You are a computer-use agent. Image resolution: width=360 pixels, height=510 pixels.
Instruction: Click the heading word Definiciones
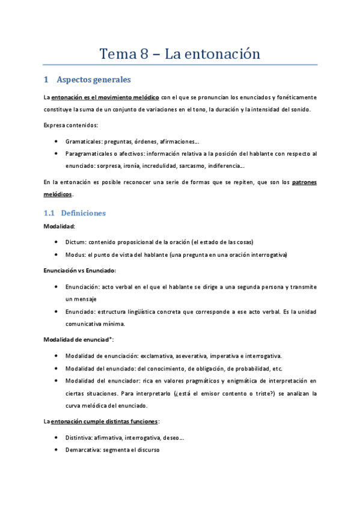[x=84, y=213]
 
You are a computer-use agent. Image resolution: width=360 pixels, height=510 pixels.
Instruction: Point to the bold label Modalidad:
[x=59, y=226]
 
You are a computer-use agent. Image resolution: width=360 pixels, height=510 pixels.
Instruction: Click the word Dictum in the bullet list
[x=76, y=242]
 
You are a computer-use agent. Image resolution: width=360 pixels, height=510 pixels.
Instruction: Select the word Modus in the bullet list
[x=76, y=255]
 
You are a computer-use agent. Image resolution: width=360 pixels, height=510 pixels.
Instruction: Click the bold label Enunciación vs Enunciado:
[x=80, y=271]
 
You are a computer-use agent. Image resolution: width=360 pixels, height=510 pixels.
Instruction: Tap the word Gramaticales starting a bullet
[x=84, y=141]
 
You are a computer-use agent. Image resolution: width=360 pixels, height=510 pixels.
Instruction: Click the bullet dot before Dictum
[x=56, y=242]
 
